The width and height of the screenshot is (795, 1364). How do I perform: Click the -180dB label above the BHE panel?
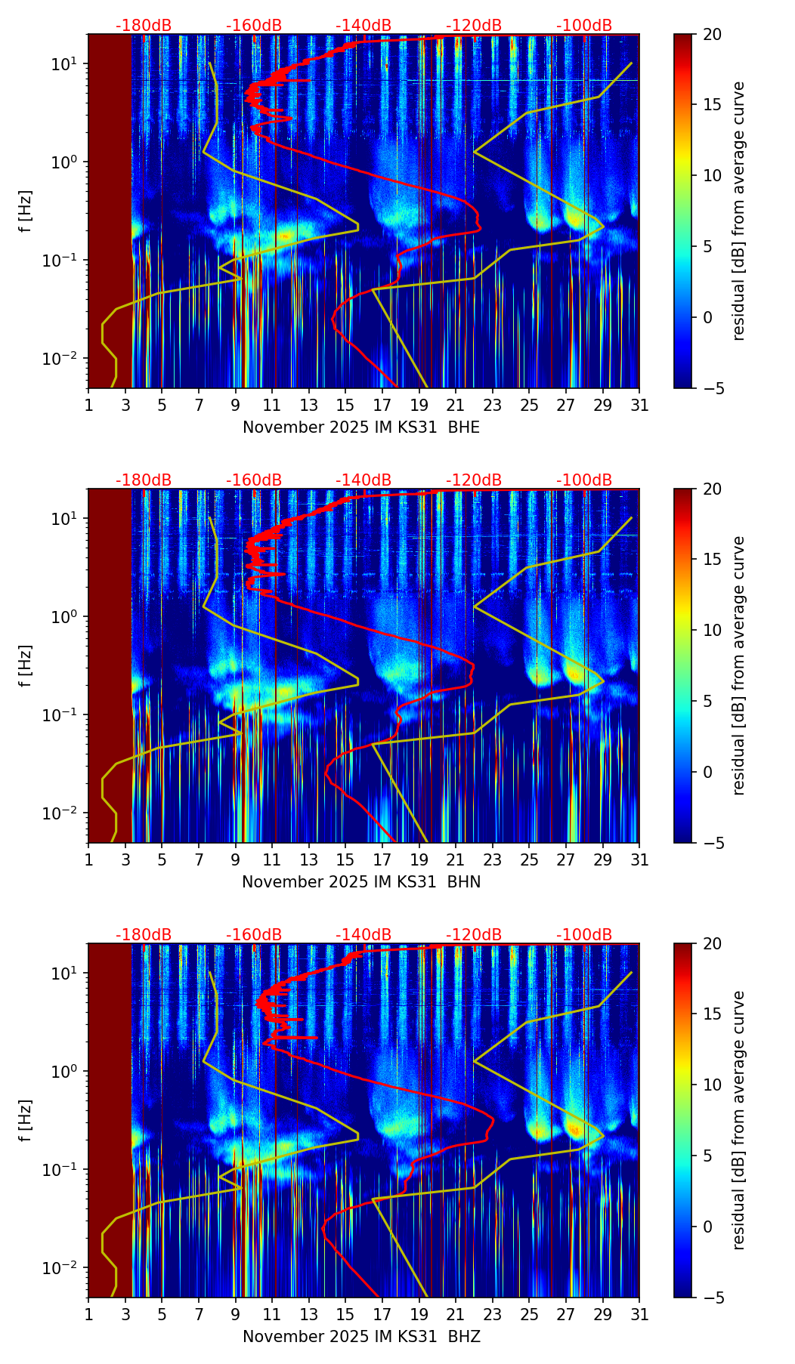(144, 26)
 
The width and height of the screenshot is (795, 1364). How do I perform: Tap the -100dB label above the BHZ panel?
(584, 935)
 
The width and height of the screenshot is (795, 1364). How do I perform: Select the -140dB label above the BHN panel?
(363, 480)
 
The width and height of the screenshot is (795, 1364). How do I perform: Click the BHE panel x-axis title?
(361, 427)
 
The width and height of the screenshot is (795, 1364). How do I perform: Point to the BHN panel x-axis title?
(361, 882)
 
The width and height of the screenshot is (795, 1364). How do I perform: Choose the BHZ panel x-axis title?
(361, 1337)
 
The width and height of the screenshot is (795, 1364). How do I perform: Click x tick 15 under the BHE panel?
(345, 405)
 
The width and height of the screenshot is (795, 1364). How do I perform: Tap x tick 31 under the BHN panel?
(639, 859)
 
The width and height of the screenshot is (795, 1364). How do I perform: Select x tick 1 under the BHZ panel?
(88, 1314)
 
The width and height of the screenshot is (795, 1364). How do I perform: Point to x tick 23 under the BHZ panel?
(493, 1314)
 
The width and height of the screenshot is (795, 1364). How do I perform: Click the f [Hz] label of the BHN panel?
(26, 665)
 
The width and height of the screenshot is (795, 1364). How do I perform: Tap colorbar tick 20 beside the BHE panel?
(712, 35)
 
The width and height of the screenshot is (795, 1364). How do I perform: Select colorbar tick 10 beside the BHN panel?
(712, 630)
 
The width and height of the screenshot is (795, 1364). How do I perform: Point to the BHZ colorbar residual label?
(739, 1120)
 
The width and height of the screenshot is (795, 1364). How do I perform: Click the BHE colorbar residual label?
(739, 211)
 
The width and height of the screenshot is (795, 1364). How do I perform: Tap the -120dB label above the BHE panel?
(474, 26)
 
